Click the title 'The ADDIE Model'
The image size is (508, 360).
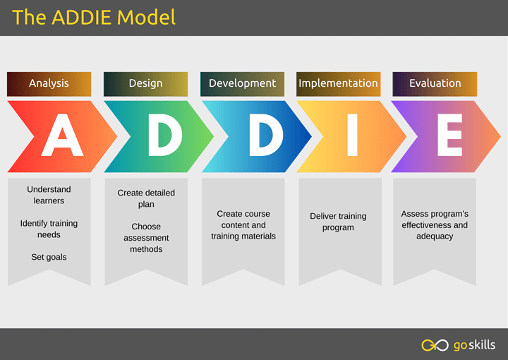pos(94,17)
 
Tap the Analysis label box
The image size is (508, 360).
pos(49,83)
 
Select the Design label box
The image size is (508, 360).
pos(145,83)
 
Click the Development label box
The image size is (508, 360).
pos(242,83)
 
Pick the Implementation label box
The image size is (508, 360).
pos(338,83)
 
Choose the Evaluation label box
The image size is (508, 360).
pos(435,83)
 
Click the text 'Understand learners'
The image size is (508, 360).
pos(49,195)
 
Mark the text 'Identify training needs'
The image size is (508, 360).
pos(49,229)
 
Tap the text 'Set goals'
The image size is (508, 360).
pos(49,257)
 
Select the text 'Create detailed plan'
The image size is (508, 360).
pos(146,198)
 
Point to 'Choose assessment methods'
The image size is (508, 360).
pos(146,238)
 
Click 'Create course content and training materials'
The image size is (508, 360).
pos(243,224)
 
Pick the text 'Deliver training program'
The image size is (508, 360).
pos(338,222)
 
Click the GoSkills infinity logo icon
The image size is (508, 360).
pos(435,345)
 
